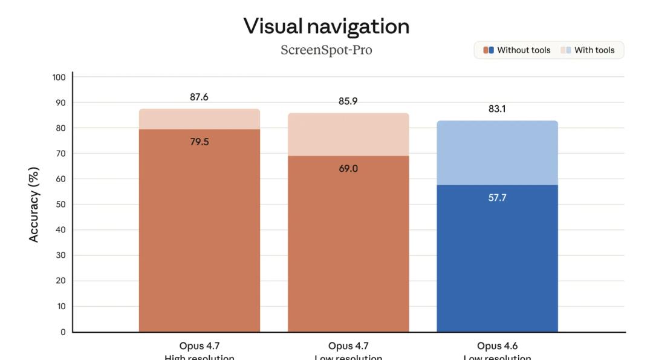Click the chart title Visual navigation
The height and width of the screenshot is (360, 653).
pos(326,26)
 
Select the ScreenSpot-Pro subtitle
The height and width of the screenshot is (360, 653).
pos(326,50)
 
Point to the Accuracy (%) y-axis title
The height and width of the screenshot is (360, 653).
pos(34,205)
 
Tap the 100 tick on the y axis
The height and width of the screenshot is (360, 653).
pos(59,77)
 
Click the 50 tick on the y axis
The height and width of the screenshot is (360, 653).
pos(60,205)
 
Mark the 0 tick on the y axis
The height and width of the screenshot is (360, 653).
pos(63,332)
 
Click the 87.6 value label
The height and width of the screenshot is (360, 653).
pos(200,97)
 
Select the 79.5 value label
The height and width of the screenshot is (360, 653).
pos(200,142)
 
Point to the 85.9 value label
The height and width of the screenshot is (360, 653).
pos(348,101)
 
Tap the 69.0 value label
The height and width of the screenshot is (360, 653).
pos(348,169)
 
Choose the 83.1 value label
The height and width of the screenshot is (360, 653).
pos(497,109)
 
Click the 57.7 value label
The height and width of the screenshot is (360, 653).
pos(497,198)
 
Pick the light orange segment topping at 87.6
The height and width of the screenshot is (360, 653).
pos(200,119)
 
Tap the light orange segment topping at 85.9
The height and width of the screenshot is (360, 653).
pos(348,134)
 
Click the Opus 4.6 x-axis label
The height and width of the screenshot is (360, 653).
pos(497,347)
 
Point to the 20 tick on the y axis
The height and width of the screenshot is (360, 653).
pos(60,281)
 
